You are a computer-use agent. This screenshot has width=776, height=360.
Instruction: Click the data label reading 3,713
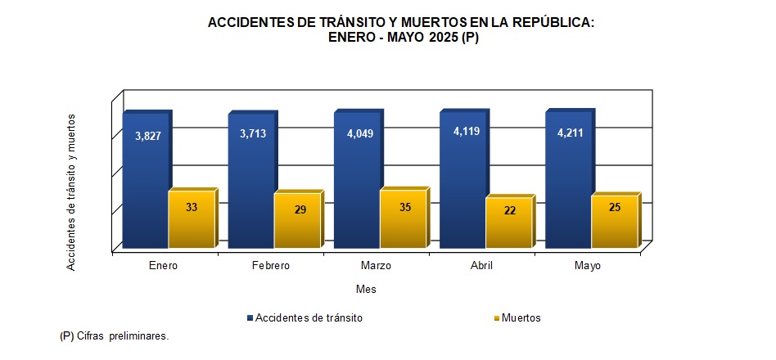252,133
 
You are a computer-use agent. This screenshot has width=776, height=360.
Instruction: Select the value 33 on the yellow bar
192,207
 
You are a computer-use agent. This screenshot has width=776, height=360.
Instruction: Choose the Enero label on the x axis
164,266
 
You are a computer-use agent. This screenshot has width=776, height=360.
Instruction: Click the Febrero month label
269,266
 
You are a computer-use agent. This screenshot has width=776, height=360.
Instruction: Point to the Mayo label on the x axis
587,266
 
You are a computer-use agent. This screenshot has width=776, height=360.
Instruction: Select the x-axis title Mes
366,289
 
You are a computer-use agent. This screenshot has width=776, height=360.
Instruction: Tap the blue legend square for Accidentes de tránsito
250,317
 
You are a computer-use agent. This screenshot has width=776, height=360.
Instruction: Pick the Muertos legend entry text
521,317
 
